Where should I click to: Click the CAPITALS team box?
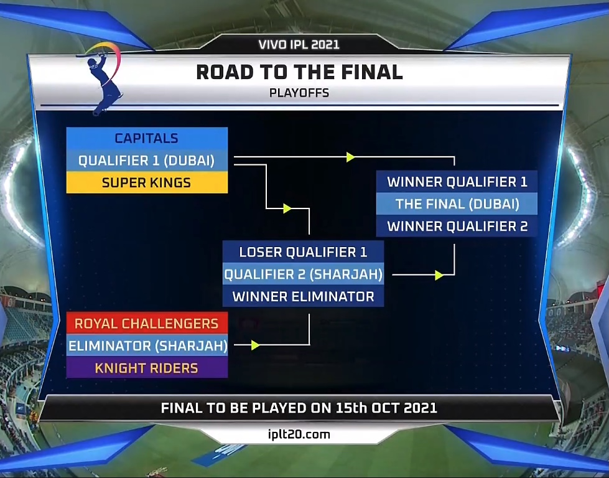point(147,138)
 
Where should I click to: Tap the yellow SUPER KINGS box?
point(147,182)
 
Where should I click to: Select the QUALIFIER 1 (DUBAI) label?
point(146,161)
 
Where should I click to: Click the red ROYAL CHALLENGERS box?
point(147,323)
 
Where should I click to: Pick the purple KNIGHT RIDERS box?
point(147,368)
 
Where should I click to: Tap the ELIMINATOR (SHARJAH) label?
point(147,345)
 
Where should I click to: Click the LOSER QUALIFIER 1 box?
point(303,252)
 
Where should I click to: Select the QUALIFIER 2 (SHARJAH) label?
point(304,274)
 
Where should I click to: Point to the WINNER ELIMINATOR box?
point(303,296)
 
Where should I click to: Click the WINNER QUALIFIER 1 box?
point(457,182)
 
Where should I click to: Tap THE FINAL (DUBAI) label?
point(457,204)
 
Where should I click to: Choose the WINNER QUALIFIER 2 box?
point(457,226)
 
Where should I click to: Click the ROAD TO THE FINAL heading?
point(299,72)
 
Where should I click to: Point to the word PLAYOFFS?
point(299,93)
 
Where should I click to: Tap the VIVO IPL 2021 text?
point(299,44)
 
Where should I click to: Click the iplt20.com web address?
point(299,434)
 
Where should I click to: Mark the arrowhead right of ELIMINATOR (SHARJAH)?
point(255,345)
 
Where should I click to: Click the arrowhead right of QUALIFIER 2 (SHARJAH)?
point(439,275)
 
